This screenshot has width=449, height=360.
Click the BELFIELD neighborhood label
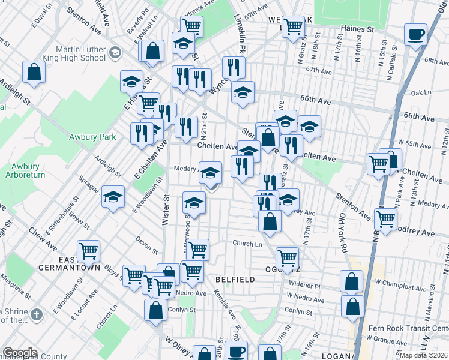pyautogui.click(x=236, y=280)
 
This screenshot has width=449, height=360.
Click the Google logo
pyautogui.click(x=19, y=353)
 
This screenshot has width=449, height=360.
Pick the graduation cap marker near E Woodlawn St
pyautogui.click(x=113, y=196)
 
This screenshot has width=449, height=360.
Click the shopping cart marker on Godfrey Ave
pyautogui.click(x=385, y=218)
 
